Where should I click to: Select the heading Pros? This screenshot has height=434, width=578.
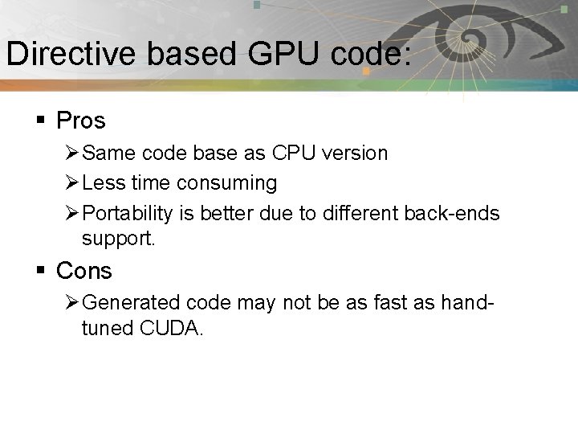click(81, 121)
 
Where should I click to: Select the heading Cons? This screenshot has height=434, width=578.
click(84, 272)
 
